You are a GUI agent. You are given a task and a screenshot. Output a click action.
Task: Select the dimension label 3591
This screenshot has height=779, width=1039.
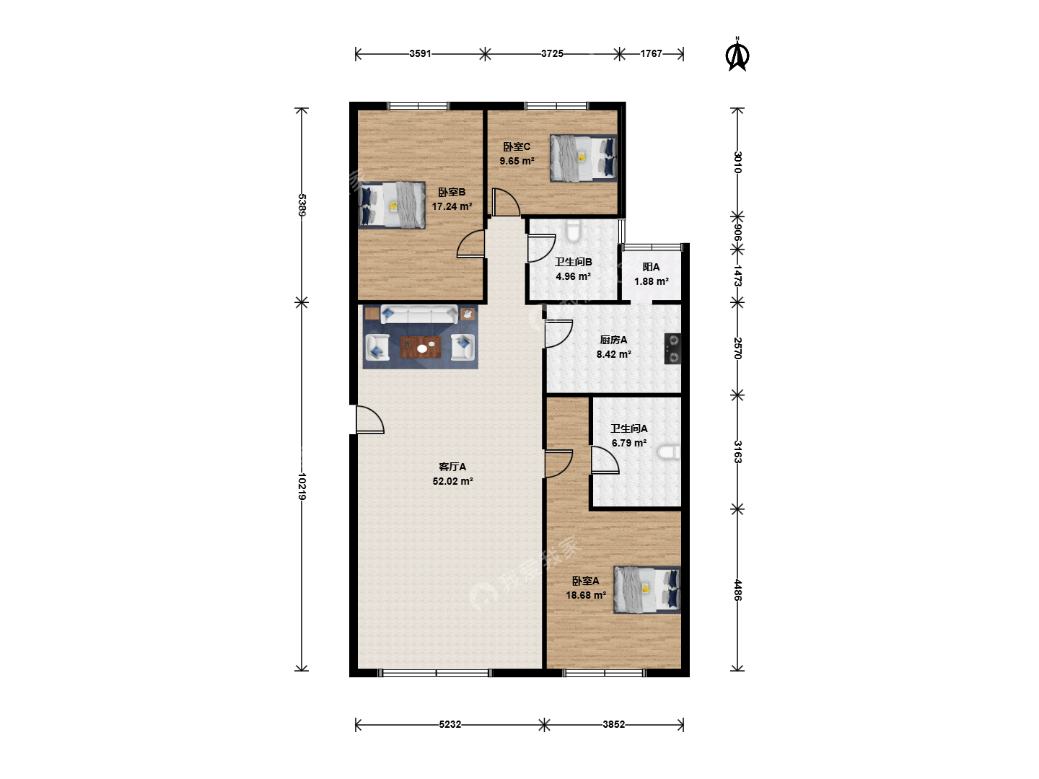[421, 54]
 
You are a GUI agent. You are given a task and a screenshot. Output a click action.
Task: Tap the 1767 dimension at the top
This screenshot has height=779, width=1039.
[652, 54]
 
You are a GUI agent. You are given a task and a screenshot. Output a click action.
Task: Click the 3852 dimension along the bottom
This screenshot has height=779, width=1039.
[614, 724]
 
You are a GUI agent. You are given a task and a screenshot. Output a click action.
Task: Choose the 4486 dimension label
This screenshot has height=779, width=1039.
[737, 590]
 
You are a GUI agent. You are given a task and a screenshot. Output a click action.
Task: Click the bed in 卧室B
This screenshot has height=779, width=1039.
[392, 206]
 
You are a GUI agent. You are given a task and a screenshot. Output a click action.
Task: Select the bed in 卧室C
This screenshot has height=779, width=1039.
[583, 158]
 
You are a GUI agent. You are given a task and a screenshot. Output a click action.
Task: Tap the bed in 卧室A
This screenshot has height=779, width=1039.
[647, 590]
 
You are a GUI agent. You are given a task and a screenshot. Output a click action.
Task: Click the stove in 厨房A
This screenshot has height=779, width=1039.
[672, 348]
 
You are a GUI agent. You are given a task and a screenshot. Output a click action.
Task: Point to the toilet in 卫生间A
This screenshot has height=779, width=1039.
[669, 452]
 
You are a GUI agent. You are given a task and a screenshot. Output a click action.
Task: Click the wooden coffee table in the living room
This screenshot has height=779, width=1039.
[421, 347]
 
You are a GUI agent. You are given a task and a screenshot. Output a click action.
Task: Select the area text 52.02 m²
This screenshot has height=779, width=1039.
[452, 481]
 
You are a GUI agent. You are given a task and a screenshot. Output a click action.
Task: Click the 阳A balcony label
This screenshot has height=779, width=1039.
[651, 267]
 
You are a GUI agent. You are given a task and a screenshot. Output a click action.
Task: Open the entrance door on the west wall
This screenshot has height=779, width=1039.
[369, 420]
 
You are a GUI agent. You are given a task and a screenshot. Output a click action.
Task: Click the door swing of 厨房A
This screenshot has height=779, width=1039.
[558, 334]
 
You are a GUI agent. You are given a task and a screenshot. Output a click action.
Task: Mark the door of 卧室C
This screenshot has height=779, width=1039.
[506, 203]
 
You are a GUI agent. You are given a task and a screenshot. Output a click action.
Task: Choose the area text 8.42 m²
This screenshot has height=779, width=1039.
[613, 354]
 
